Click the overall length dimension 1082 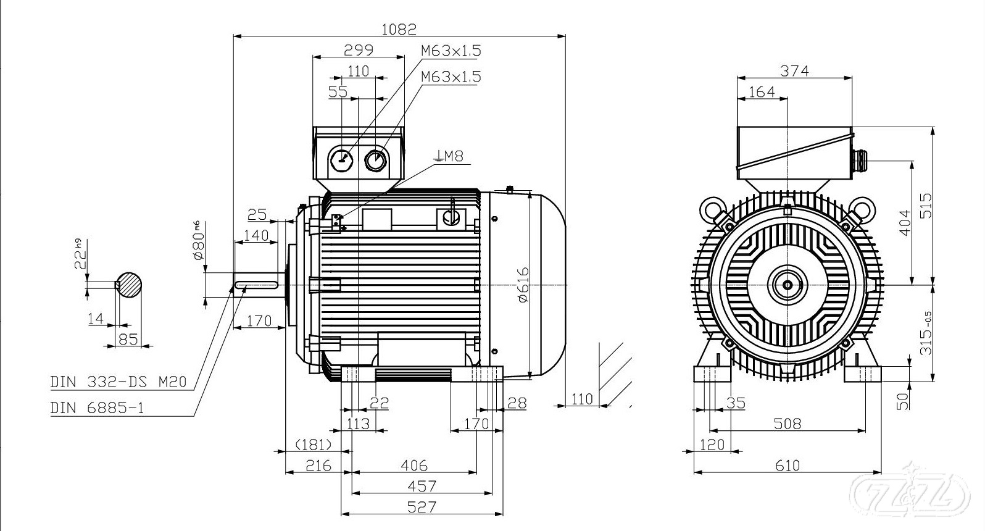[x=399, y=28]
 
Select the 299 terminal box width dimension [x=359, y=50]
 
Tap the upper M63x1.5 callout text [x=451, y=51]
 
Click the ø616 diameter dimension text [x=523, y=284]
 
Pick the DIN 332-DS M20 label [x=118, y=382]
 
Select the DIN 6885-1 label [x=97, y=408]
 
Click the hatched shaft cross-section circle [x=130, y=285]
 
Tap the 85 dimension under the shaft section [x=128, y=338]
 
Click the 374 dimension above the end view [x=794, y=71]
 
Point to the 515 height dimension [x=926, y=206]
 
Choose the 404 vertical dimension [x=905, y=222]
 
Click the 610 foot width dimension [x=787, y=465]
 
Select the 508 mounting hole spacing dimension [x=788, y=424]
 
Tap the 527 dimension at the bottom [x=422, y=507]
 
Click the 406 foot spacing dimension [x=414, y=465]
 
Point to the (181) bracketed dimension [x=314, y=445]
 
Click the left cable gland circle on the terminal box [x=341, y=161]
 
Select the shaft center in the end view [x=788, y=285]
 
